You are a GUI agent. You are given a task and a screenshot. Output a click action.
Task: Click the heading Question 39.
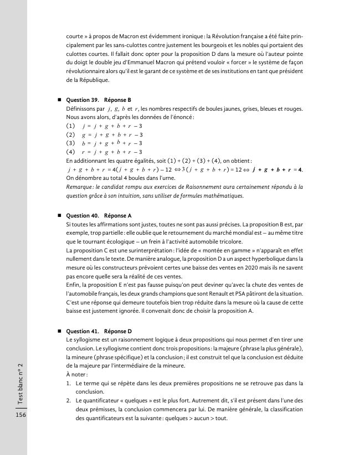pos(82,100)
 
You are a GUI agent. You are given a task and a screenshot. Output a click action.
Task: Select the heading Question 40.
pos(82,215)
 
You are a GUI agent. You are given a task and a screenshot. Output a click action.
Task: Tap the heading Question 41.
pos(82,330)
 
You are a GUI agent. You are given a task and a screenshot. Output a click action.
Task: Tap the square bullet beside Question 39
pos(59,100)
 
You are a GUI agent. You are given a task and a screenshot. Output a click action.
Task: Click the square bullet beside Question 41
pos(59,330)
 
